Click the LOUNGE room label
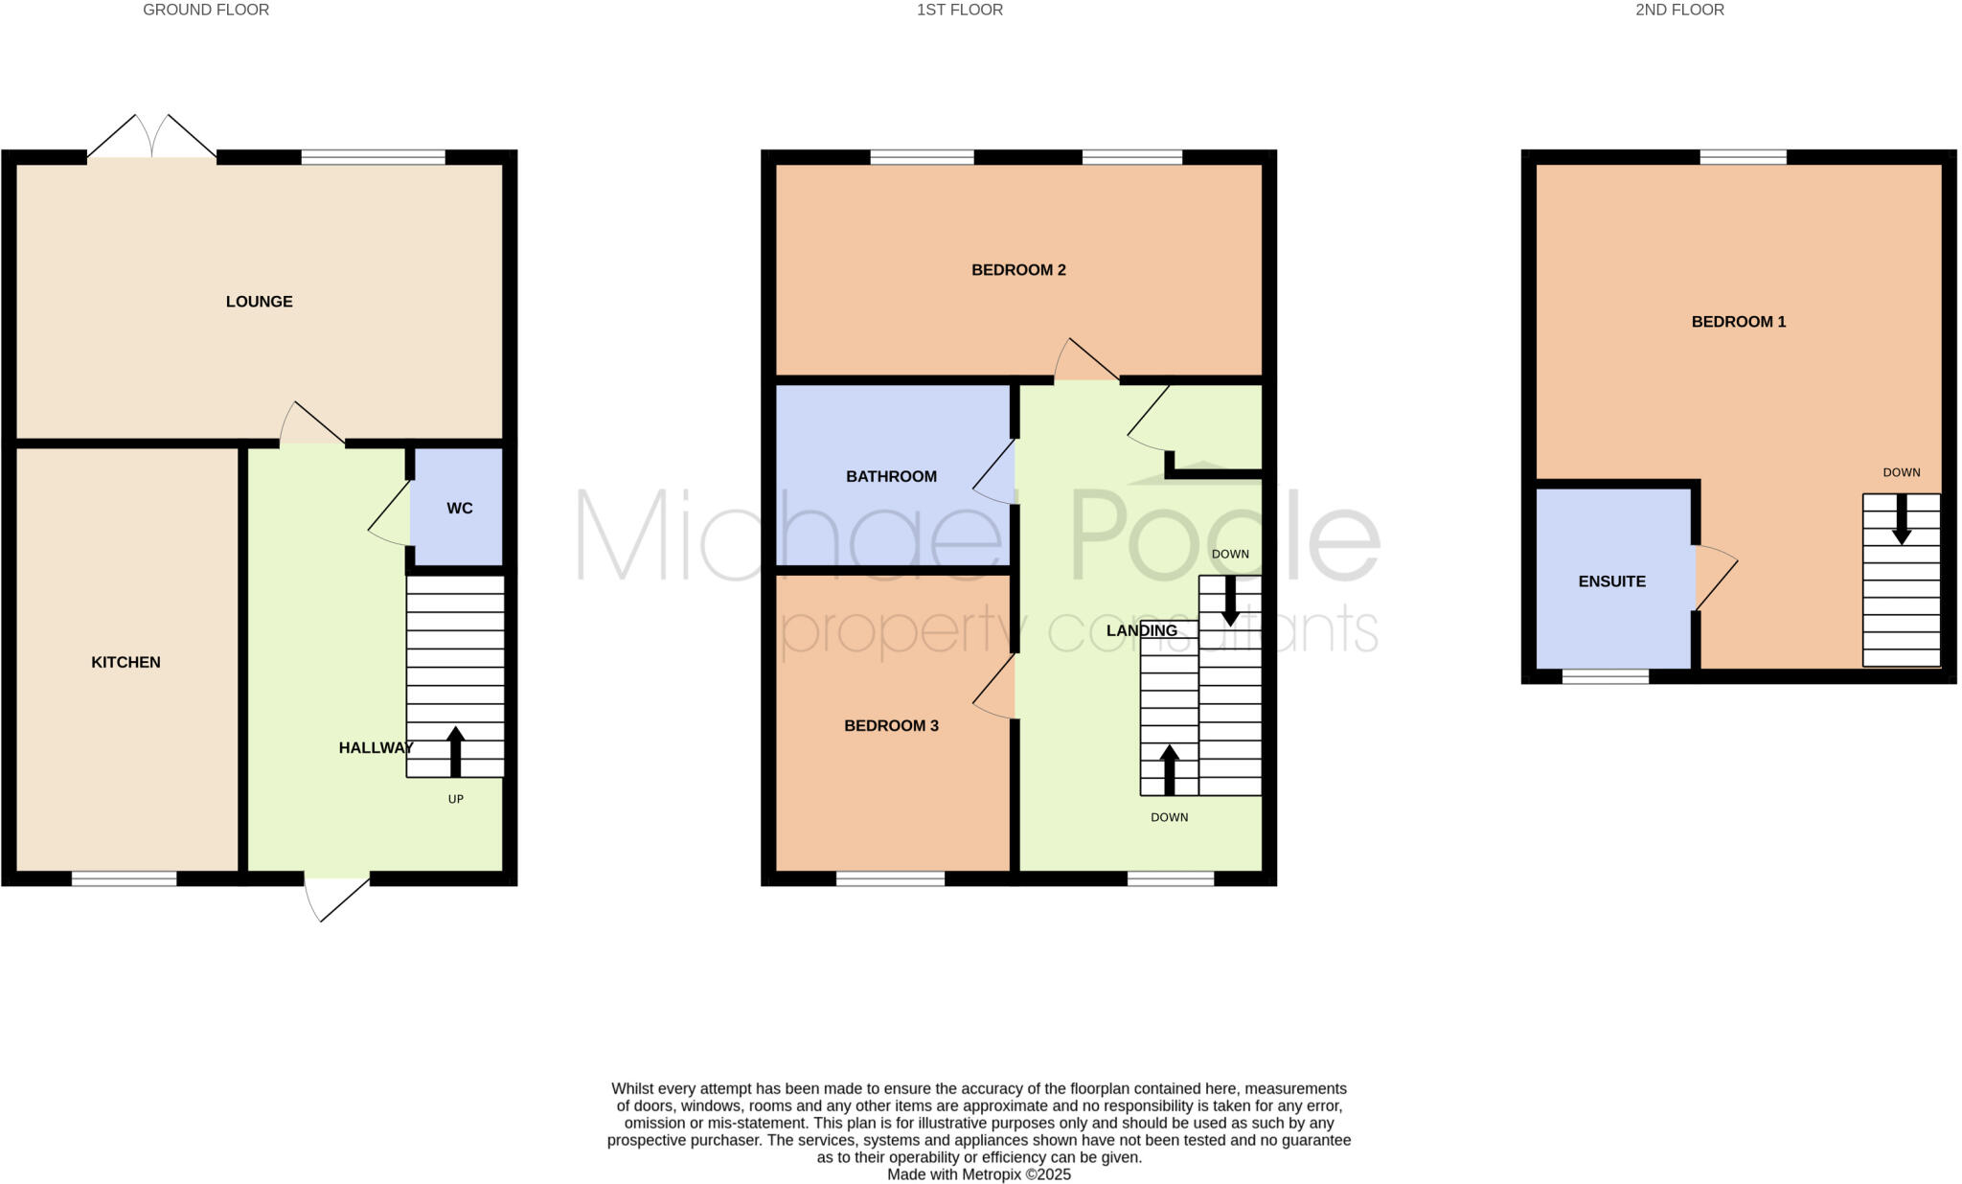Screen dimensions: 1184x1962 point(259,302)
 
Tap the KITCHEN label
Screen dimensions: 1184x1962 point(125,662)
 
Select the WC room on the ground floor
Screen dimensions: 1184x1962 point(459,509)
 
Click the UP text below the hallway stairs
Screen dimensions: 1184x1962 point(456,799)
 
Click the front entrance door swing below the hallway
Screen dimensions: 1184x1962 point(335,898)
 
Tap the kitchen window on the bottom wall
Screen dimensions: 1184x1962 point(125,878)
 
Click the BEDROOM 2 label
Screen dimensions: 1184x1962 point(1018,270)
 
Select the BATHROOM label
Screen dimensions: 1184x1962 point(891,476)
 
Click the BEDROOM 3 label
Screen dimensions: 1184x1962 point(891,726)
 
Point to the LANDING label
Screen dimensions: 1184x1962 point(1141,630)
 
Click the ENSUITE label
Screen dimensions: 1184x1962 point(1611,581)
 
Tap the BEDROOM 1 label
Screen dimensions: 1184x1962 point(1738,322)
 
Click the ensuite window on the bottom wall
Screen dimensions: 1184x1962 point(1606,676)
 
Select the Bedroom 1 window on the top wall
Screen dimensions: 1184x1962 point(1743,157)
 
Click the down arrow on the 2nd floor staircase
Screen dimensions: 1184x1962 point(1902,518)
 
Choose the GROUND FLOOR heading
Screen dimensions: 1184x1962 point(206,11)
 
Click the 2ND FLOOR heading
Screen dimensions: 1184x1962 point(1679,11)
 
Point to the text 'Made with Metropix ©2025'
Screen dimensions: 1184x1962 point(978,1174)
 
